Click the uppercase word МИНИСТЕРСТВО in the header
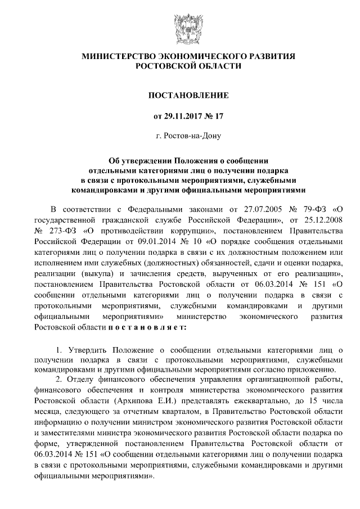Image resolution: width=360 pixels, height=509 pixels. (x=117, y=56)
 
